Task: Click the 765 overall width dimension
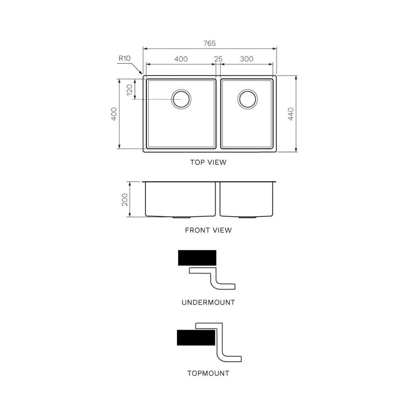tap(209, 43)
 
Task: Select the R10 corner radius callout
tap(124, 58)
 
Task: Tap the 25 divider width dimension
tap(218, 59)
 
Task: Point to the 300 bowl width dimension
tap(247, 59)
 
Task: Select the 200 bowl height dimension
tap(124, 199)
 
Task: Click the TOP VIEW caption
tap(208, 163)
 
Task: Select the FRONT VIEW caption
tap(208, 231)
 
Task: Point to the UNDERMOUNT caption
tap(208, 303)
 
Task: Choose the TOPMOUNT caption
tap(208, 373)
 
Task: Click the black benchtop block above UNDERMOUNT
tap(197, 257)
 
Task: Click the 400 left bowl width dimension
tap(181, 59)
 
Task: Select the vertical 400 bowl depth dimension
tap(114, 114)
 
